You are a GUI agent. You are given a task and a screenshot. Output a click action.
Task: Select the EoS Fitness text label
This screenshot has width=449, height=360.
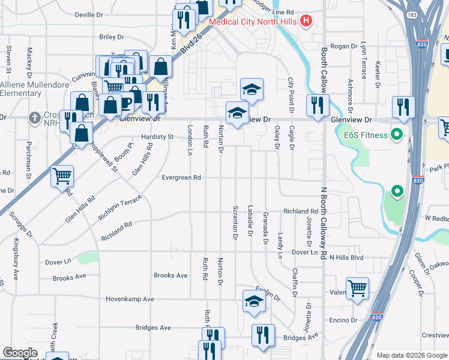(366, 135)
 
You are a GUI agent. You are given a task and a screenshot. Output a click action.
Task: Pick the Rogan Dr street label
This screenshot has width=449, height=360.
(344, 46)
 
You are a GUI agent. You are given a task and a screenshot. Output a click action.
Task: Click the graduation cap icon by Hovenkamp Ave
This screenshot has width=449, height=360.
(254, 302)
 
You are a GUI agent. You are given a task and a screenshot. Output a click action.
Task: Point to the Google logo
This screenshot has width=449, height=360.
(20, 353)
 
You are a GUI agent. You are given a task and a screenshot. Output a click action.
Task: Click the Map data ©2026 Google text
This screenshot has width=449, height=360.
(412, 355)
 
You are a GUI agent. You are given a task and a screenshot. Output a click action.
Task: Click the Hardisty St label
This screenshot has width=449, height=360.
(157, 137)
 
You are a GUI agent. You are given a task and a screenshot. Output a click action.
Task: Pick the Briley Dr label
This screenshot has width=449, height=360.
(111, 37)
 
